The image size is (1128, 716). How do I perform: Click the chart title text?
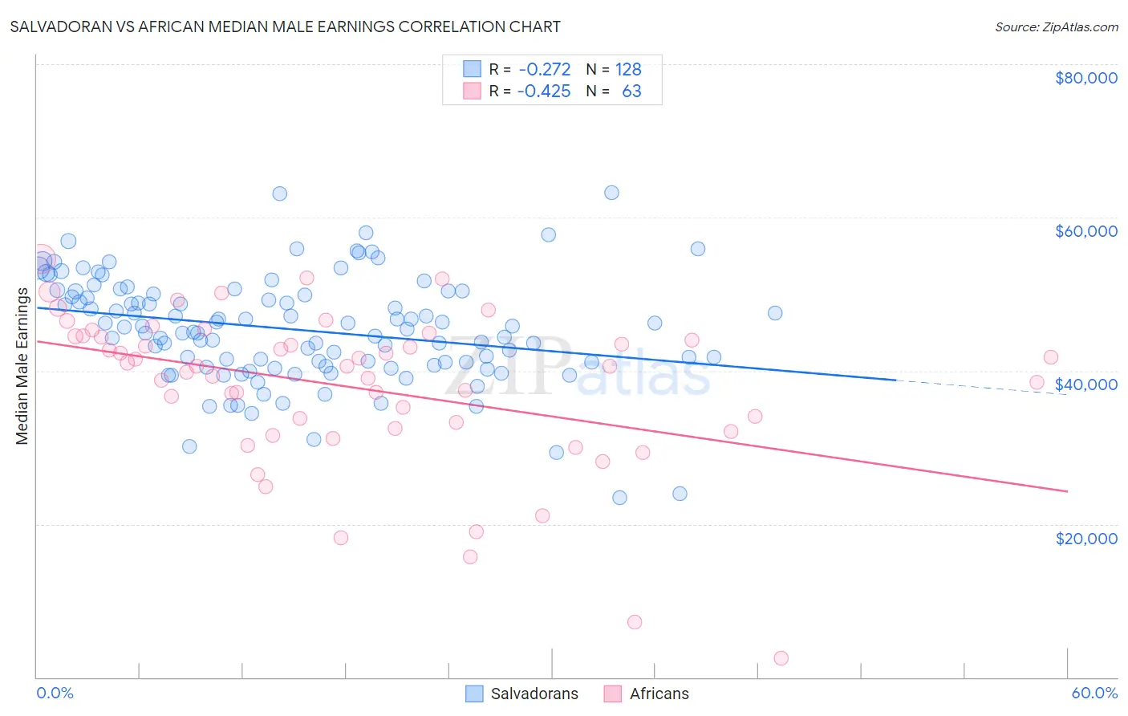pos(285,26)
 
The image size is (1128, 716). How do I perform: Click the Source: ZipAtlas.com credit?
pos(1056,26)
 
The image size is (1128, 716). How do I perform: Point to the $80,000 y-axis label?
pos(1085,78)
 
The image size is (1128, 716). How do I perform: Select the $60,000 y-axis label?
pos(1085,231)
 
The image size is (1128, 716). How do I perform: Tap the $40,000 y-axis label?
pos(1085,384)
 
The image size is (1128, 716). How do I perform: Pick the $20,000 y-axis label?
pos(1085,538)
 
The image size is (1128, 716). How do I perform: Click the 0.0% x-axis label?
pos(55,693)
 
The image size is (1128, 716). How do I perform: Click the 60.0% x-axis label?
pos(1094,693)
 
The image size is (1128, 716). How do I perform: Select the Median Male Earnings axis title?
pos(22,366)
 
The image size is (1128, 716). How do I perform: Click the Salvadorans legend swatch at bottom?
pos(474,694)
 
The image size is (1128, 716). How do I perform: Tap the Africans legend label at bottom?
pos(659,694)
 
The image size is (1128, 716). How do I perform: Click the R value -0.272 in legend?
pos(544,70)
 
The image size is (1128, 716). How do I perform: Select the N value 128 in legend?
pos(628,70)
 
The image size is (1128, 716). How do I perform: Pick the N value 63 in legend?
pos(631,92)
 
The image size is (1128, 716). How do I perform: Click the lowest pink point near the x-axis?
pos(781,658)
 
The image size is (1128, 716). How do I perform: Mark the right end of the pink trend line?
pos(1066,490)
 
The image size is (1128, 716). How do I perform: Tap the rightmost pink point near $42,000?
pos(1050,358)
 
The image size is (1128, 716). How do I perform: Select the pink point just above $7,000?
pos(635,622)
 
